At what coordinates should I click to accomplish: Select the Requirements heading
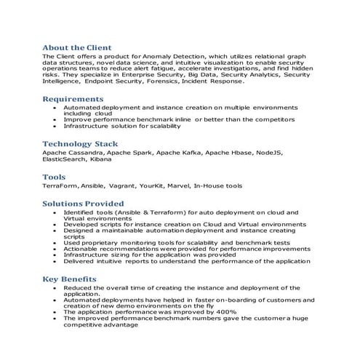(73, 98)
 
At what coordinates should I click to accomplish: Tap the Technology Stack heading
(80, 144)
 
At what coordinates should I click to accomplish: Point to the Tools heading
(54, 177)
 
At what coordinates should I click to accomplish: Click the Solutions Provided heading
(83, 204)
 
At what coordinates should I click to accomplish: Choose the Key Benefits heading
(69, 279)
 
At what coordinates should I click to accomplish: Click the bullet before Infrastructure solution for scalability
(56, 126)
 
